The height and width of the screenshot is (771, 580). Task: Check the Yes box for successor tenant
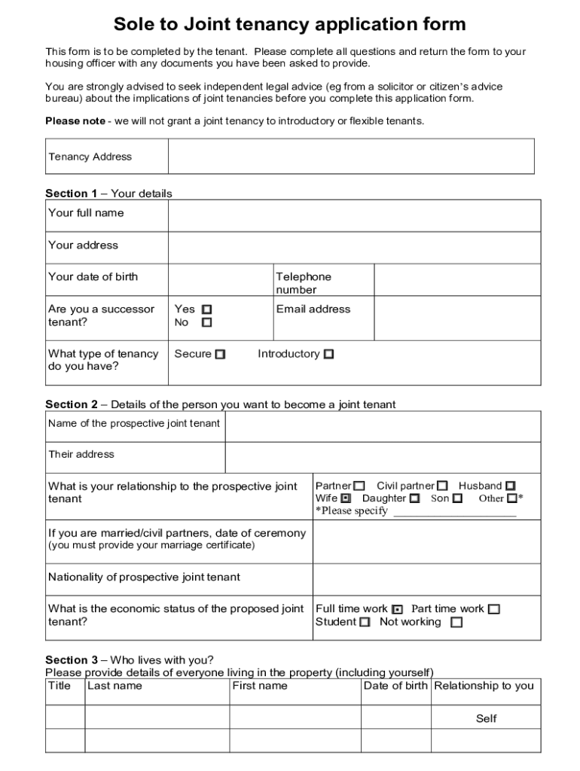(x=207, y=309)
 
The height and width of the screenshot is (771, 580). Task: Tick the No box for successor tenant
(x=207, y=323)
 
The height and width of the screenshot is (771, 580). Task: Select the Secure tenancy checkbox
(x=220, y=355)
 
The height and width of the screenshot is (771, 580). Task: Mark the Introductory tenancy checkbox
(x=328, y=355)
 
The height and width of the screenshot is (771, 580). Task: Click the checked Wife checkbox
(x=346, y=498)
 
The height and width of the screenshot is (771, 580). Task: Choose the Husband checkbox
(x=511, y=486)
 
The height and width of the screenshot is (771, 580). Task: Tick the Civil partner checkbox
(x=442, y=486)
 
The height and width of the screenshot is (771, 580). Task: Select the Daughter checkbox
(x=414, y=498)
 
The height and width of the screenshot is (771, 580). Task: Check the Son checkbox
(x=457, y=498)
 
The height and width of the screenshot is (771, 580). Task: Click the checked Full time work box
(x=398, y=609)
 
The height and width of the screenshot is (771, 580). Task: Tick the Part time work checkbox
(x=493, y=609)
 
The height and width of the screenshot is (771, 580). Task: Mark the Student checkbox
(x=365, y=623)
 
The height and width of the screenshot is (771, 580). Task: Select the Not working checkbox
(x=456, y=623)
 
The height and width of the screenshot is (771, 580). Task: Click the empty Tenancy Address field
(x=350, y=157)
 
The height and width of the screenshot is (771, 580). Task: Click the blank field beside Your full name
(x=354, y=215)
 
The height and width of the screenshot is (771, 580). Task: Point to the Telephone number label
(x=304, y=283)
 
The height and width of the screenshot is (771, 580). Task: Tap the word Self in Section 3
(x=486, y=718)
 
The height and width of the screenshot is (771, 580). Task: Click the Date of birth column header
(x=395, y=686)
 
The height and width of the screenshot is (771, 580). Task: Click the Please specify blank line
(x=455, y=512)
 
